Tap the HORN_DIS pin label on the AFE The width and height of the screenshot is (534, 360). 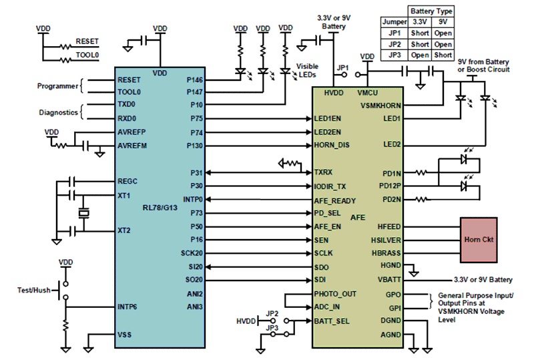tap(331, 145)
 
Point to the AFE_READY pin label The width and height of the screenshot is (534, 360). tap(334, 200)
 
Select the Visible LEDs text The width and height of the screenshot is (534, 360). tap(307, 71)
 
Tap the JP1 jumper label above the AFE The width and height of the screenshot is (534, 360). tap(342, 67)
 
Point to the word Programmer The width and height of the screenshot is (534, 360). tap(55, 85)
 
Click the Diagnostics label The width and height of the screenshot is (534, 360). tap(55, 112)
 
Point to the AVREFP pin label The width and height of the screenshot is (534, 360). tap(133, 132)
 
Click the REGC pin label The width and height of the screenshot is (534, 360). tap(127, 181)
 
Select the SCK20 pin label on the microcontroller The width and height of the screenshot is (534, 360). tap(190, 253)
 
